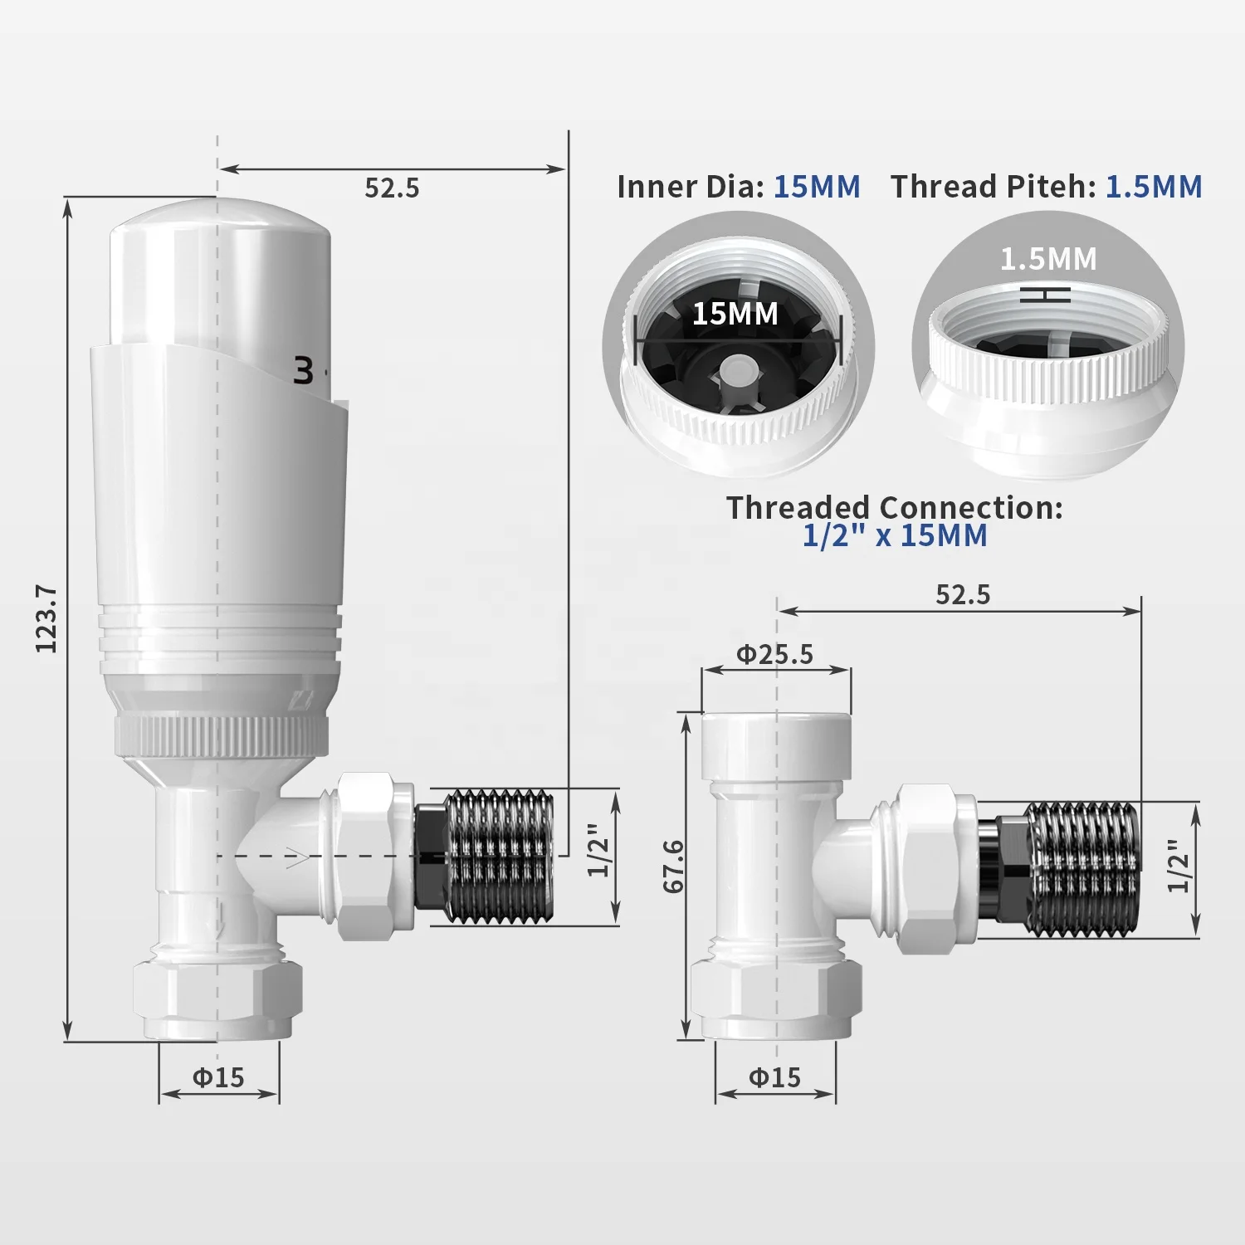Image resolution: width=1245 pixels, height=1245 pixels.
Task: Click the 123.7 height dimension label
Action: click(46, 618)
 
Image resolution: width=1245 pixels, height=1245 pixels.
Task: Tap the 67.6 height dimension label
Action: click(674, 866)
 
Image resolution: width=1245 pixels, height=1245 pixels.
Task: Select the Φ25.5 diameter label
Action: click(775, 655)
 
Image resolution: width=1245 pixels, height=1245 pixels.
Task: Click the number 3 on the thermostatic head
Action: click(305, 371)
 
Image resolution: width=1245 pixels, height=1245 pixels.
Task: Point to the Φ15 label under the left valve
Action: click(218, 1077)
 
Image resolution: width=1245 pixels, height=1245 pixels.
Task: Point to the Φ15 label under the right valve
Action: click(774, 1077)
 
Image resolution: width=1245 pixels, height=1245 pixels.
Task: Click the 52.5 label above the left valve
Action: click(392, 188)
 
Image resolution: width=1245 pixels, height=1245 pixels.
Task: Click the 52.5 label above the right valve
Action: click(963, 594)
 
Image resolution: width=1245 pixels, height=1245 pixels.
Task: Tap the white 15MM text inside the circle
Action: click(735, 314)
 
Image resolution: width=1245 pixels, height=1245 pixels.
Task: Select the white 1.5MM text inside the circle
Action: click(1047, 259)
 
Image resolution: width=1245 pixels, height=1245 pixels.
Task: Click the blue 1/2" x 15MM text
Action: click(895, 535)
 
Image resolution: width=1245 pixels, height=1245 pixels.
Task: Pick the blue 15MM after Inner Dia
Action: click(817, 186)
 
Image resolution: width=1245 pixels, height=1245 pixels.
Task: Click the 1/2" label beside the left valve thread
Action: click(599, 850)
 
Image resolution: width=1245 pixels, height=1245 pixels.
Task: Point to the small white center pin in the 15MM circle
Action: click(735, 369)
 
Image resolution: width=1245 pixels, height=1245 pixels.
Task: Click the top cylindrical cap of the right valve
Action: click(775, 745)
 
